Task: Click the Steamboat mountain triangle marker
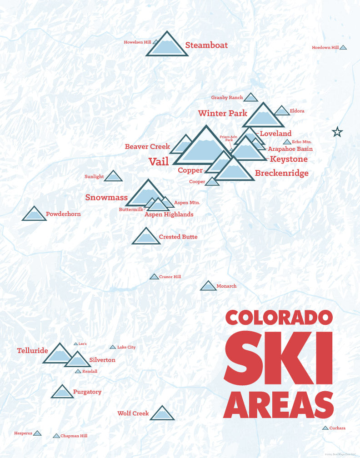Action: (167, 46)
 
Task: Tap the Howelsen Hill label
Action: (137, 42)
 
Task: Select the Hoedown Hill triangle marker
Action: (343, 47)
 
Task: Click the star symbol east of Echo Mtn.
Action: (337, 132)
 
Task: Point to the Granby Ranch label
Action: (227, 97)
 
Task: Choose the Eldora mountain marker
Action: (282, 111)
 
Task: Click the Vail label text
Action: (159, 161)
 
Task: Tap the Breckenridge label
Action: (281, 173)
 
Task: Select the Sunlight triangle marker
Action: (113, 176)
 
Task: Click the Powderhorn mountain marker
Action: (34, 214)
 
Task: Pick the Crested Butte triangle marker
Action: (146, 237)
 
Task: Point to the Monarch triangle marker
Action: (208, 286)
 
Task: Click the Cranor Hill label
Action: (170, 276)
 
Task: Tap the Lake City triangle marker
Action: (113, 347)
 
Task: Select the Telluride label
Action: (32, 350)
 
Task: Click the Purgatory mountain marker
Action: (62, 392)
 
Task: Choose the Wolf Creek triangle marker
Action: (162, 413)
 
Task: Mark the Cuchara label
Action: (337, 428)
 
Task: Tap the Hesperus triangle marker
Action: (37, 433)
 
